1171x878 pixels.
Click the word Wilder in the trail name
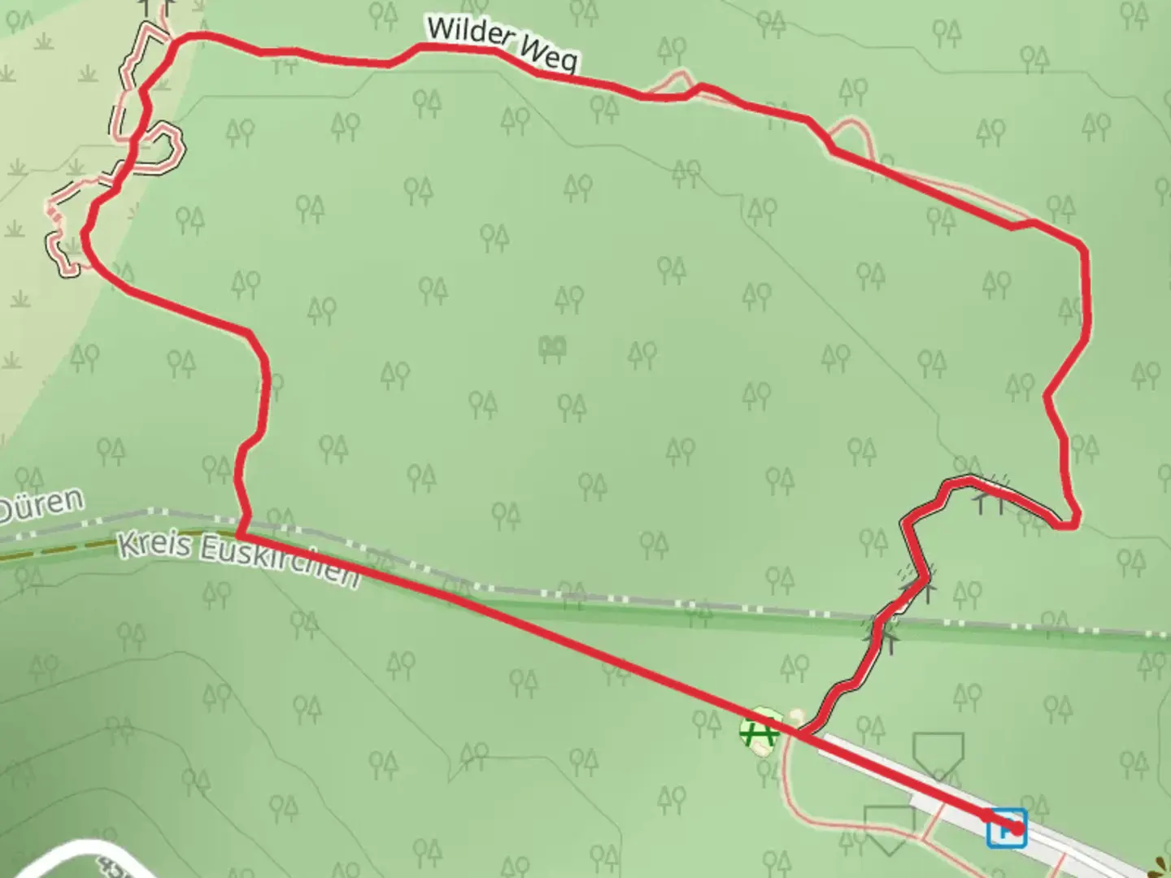click(x=469, y=35)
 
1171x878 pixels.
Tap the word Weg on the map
click(x=550, y=55)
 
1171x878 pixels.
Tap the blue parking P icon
click(x=1006, y=828)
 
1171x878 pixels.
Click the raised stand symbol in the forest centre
click(x=553, y=349)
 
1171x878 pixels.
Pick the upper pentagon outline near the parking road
click(x=938, y=752)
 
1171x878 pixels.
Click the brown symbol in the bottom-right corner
click(x=1163, y=865)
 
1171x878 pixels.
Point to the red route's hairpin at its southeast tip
click(x=1070, y=521)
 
